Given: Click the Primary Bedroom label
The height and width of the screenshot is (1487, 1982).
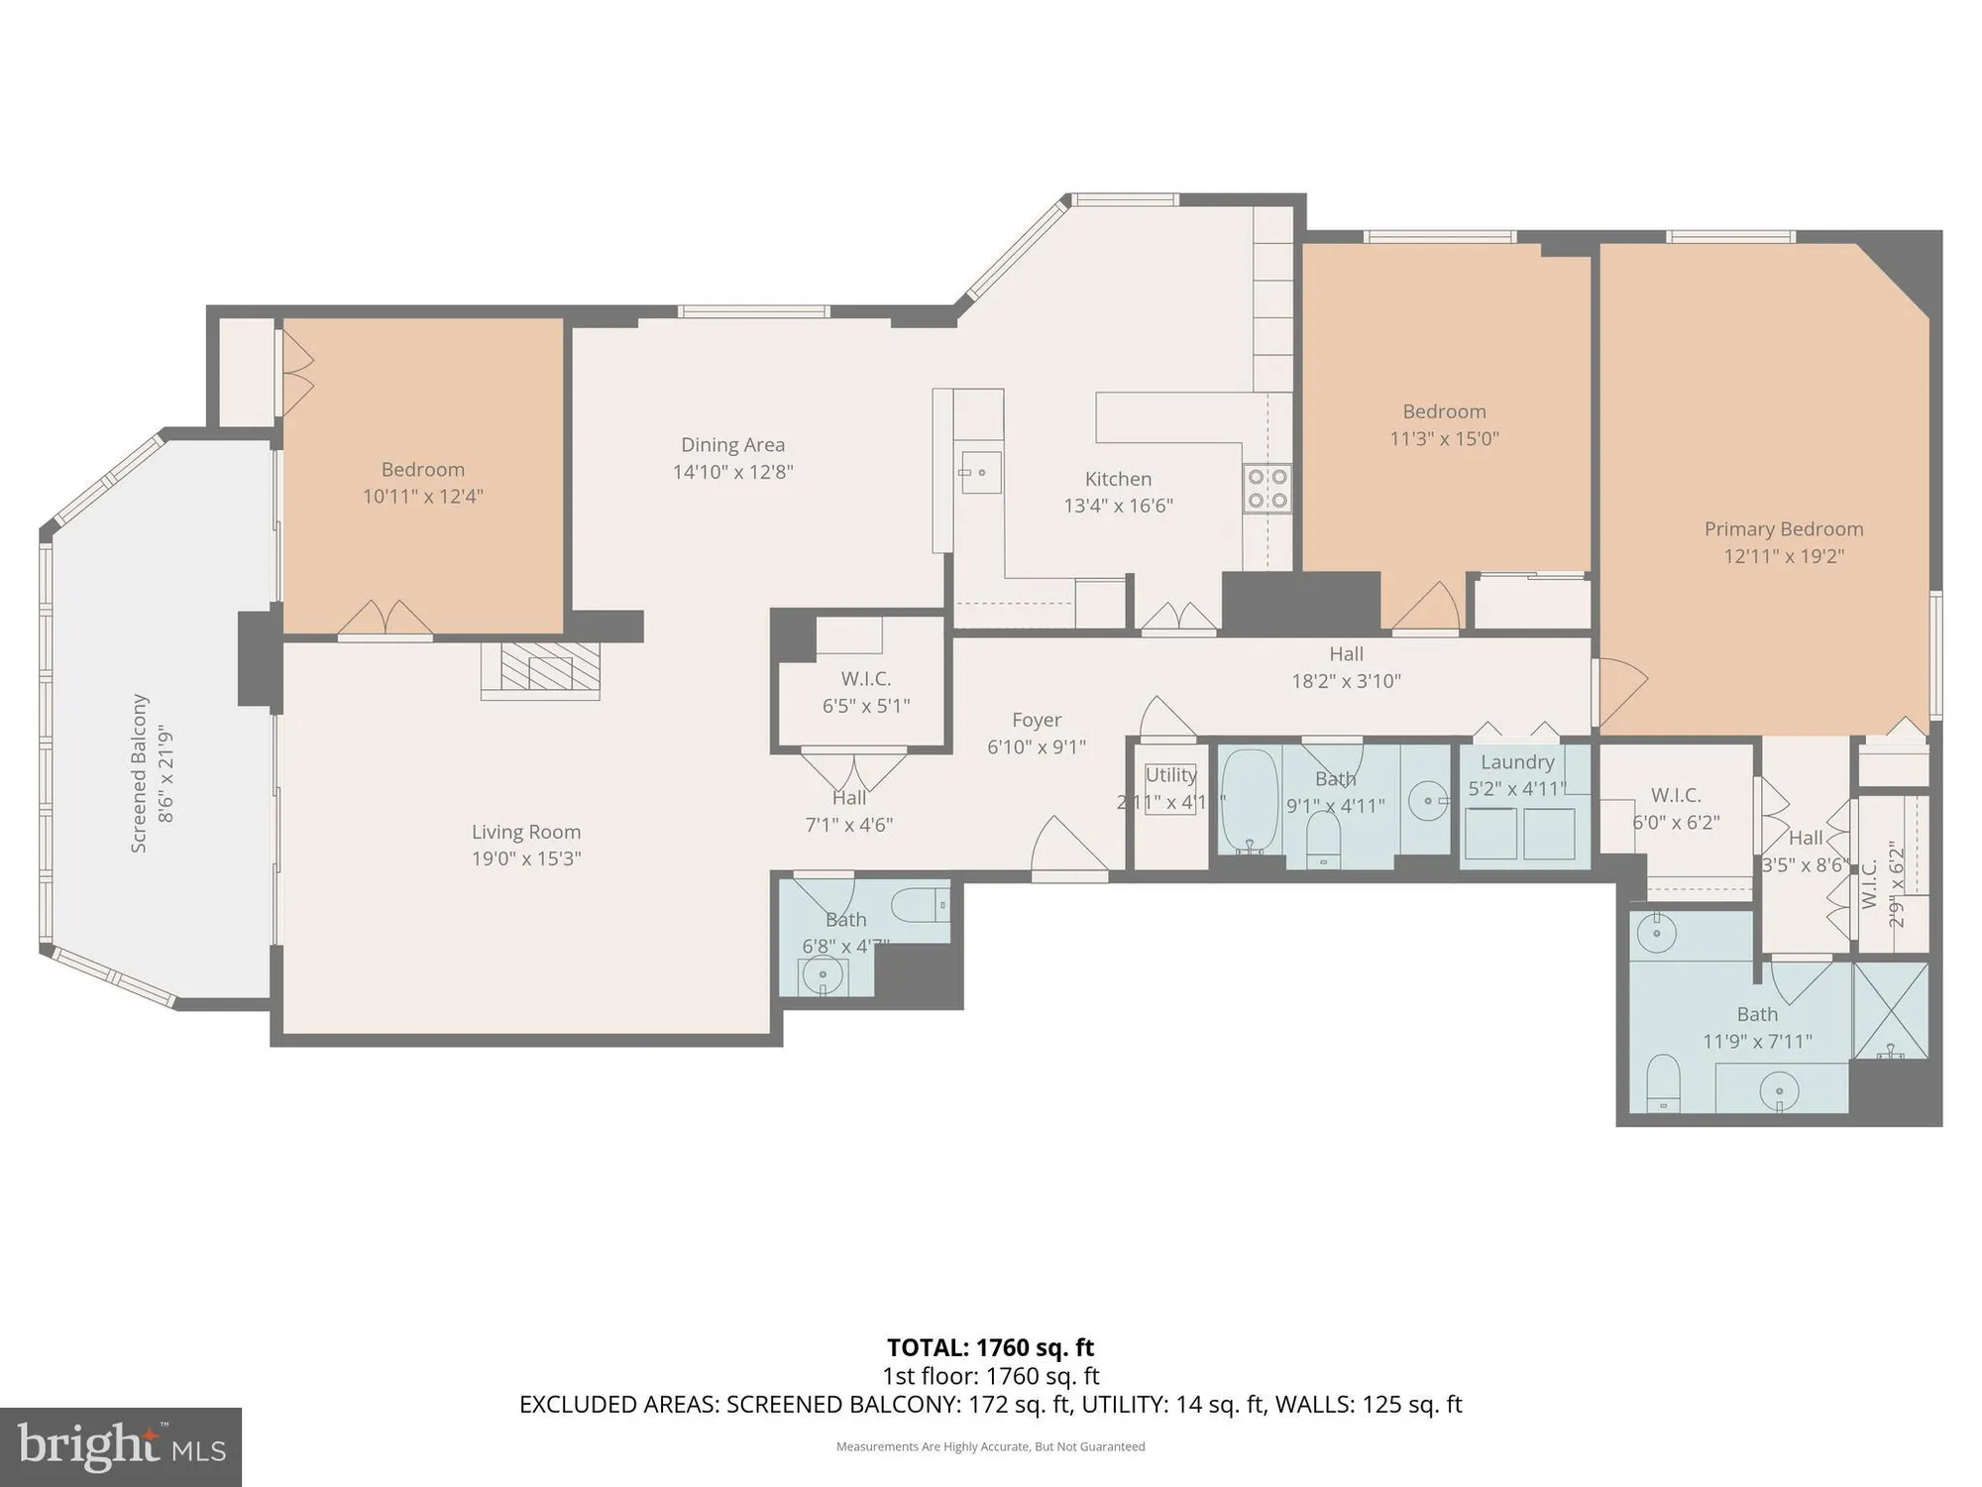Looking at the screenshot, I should click(1783, 529).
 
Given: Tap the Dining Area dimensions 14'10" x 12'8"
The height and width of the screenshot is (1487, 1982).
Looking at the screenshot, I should click(732, 473).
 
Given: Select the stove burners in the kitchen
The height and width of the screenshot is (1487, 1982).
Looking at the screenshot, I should click(1267, 489).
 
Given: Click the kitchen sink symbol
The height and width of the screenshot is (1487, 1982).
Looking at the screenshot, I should click(978, 473).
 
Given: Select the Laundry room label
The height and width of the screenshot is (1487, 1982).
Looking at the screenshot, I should click(1517, 762).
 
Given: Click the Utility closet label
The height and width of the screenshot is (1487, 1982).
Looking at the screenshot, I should click(1170, 775).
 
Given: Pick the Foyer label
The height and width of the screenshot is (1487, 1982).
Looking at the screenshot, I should click(1037, 721).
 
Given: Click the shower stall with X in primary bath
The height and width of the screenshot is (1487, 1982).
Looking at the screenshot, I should click(1890, 1009).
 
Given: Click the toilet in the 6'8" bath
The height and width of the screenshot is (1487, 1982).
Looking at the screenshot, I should click(920, 905).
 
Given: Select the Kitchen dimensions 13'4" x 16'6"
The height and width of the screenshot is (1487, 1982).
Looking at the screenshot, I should click(1118, 506).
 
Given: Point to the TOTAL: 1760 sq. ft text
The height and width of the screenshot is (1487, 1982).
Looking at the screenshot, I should click(990, 1348).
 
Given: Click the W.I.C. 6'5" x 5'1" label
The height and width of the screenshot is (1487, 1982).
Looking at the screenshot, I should click(865, 692).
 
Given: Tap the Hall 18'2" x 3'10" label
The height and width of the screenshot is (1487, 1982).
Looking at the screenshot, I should click(1346, 667).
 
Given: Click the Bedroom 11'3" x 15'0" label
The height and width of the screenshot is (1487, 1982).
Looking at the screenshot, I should click(1444, 424).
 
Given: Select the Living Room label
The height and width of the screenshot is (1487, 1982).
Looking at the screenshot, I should click(525, 833).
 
